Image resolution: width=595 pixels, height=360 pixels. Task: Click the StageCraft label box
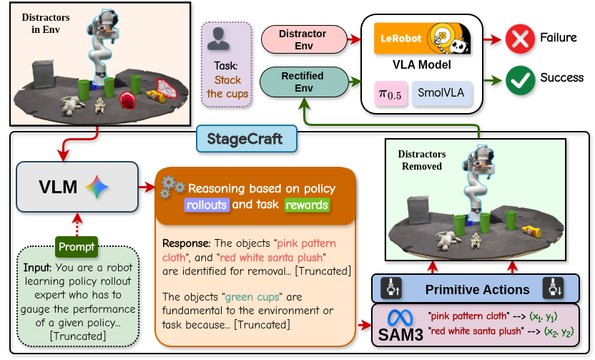[x=247, y=138]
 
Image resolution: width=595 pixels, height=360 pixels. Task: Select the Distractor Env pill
[x=303, y=40]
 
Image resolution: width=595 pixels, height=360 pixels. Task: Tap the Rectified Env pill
[x=303, y=82]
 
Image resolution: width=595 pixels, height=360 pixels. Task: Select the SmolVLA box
[x=441, y=94]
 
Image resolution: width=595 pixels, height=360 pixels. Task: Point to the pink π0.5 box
[x=390, y=94]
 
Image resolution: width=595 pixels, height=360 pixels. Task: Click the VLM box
[x=77, y=187]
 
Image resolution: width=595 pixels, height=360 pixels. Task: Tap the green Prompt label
[x=77, y=247]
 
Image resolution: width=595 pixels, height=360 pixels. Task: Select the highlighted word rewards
[x=307, y=205]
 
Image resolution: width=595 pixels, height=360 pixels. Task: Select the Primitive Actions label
[x=477, y=289]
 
